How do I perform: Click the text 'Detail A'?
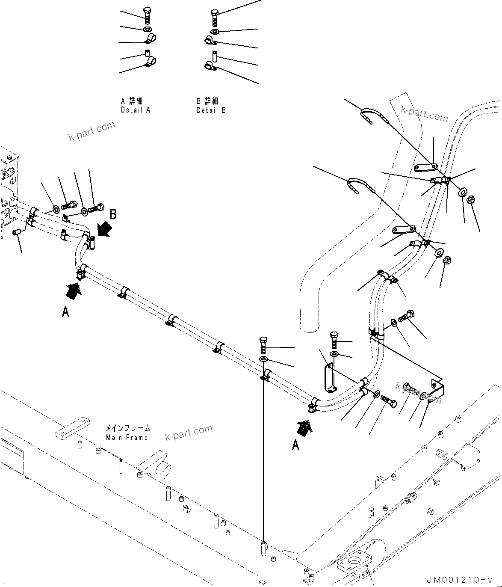click(x=136, y=110)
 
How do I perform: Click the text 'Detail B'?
click(x=211, y=110)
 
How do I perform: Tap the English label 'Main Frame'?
click(x=127, y=437)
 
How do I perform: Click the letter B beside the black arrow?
click(x=113, y=215)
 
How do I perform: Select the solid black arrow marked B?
click(x=103, y=230)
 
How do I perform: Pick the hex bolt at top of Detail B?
click(x=215, y=17)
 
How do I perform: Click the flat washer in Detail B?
click(x=215, y=31)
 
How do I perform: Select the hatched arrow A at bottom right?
click(x=305, y=427)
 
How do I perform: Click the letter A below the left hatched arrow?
click(x=65, y=312)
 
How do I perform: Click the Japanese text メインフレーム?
click(x=128, y=428)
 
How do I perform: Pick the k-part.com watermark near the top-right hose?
click(x=424, y=114)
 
